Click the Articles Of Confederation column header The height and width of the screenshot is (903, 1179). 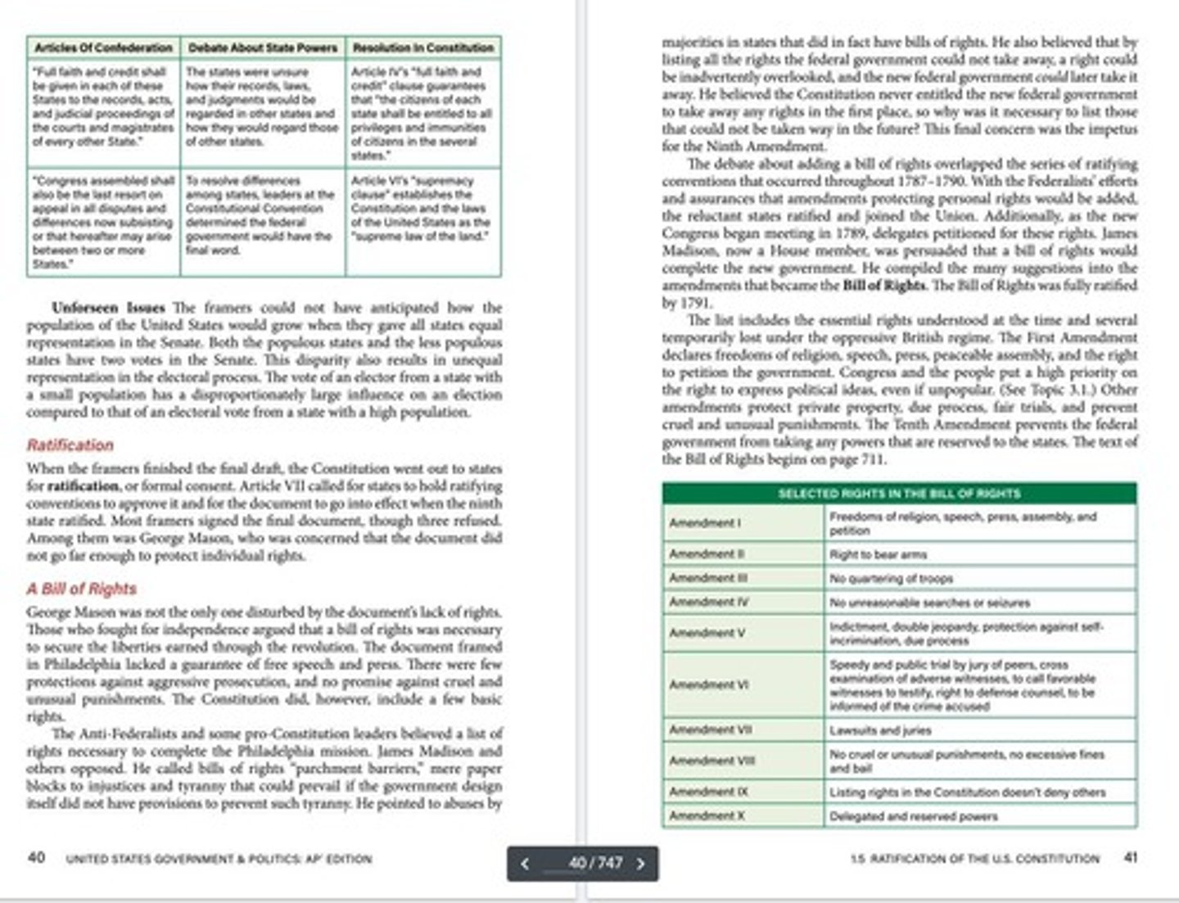pyautogui.click(x=103, y=47)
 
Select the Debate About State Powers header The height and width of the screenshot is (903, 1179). pyautogui.click(x=263, y=47)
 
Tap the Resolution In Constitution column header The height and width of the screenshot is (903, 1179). pyautogui.click(x=423, y=47)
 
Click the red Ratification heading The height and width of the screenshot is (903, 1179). pyautogui.click(x=70, y=445)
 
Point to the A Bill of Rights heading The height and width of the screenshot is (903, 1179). pyautogui.click(x=81, y=589)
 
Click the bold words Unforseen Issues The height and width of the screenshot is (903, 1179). pyautogui.click(x=108, y=308)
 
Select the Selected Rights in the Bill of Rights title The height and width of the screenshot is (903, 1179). pyautogui.click(x=898, y=494)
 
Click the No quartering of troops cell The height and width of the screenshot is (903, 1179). pyautogui.click(x=891, y=578)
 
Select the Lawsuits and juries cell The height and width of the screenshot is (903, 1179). pyautogui.click(x=880, y=729)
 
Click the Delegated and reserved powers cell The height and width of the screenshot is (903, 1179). pyautogui.click(x=913, y=816)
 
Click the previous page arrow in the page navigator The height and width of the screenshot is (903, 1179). pyautogui.click(x=525, y=864)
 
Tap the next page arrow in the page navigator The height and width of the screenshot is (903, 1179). pyautogui.click(x=641, y=864)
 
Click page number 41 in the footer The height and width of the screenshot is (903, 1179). pyautogui.click(x=1131, y=857)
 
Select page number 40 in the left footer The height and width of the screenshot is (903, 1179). pyautogui.click(x=37, y=857)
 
